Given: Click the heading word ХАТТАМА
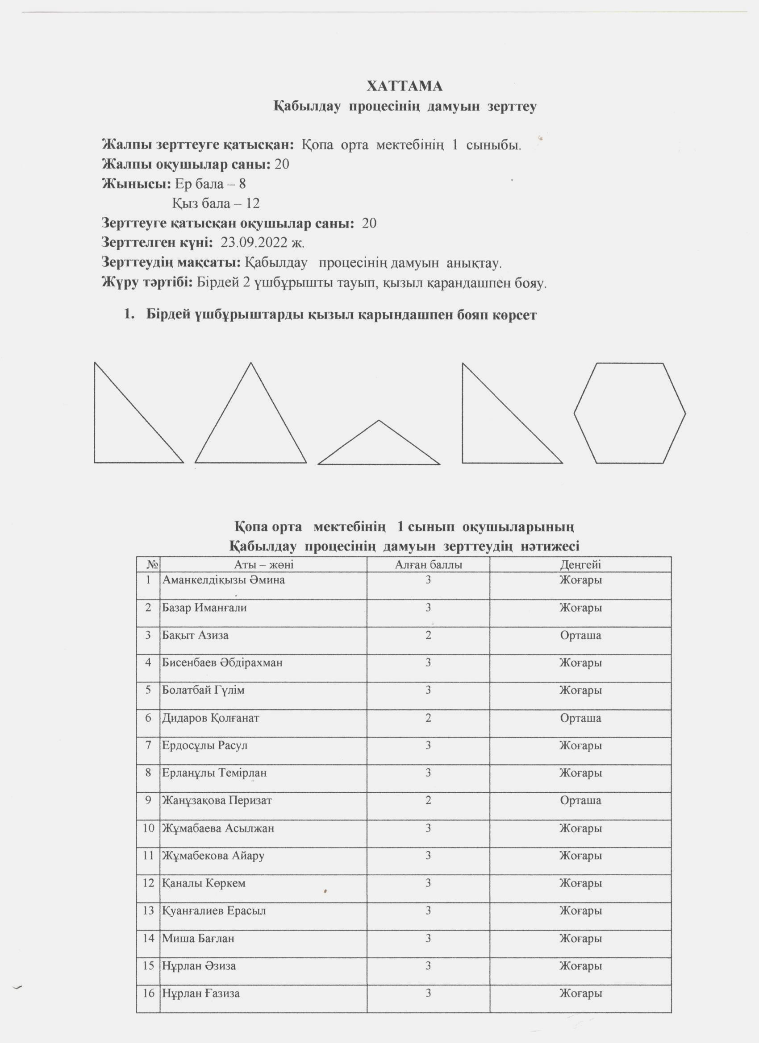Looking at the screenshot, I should coord(404,86).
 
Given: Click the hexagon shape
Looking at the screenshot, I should coord(630,413).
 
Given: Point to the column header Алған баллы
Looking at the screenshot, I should coord(428,565).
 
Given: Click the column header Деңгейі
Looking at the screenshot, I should coord(580,565).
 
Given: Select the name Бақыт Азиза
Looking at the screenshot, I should coord(195,635).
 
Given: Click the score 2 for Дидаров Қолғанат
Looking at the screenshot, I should coord(428,718).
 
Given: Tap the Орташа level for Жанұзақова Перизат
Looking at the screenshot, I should coord(580,800).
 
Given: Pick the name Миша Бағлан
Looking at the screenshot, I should coord(198,938).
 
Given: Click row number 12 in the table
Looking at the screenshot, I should coord(148,883).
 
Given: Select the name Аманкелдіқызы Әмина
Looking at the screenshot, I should coord(223,580).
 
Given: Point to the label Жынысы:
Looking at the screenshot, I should coord(136,184).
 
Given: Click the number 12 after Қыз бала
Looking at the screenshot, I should coord(252,203).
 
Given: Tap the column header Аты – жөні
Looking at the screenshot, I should coord(264,565).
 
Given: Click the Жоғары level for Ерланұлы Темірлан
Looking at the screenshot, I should coord(580,773).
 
